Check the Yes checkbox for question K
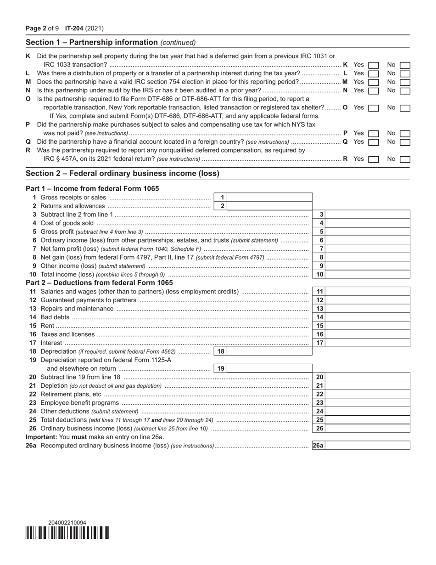374,65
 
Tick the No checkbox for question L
405,73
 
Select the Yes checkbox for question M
374,82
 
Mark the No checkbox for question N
405,91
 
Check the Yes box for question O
374,108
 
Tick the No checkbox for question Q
405,142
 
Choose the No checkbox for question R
405,159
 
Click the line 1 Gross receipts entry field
270,198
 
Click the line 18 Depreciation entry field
270,351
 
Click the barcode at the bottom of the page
67,533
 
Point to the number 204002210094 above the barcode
67,523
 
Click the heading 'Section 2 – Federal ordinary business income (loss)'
123,174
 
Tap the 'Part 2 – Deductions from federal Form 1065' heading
99,283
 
